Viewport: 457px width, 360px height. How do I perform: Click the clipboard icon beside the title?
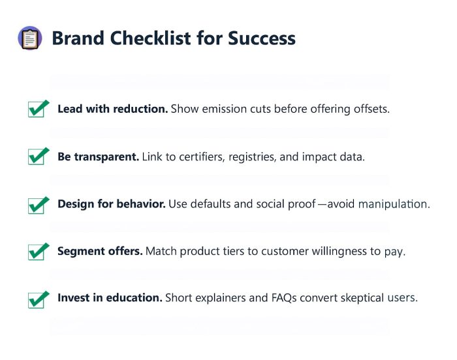[x=29, y=38]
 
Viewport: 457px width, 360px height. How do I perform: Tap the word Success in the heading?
[x=261, y=38]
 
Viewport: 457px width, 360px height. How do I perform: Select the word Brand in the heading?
[x=76, y=38]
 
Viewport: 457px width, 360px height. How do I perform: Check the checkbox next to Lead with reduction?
[x=39, y=109]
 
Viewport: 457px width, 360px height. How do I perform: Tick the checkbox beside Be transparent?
[x=39, y=157]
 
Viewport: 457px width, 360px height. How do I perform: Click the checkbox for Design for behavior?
[x=39, y=205]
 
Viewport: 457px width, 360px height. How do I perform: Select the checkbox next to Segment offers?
[x=39, y=252]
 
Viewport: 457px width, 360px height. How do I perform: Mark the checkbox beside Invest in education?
[x=39, y=299]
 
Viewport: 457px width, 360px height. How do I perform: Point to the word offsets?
[x=370, y=109]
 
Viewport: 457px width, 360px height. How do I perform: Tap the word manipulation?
[x=394, y=204]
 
